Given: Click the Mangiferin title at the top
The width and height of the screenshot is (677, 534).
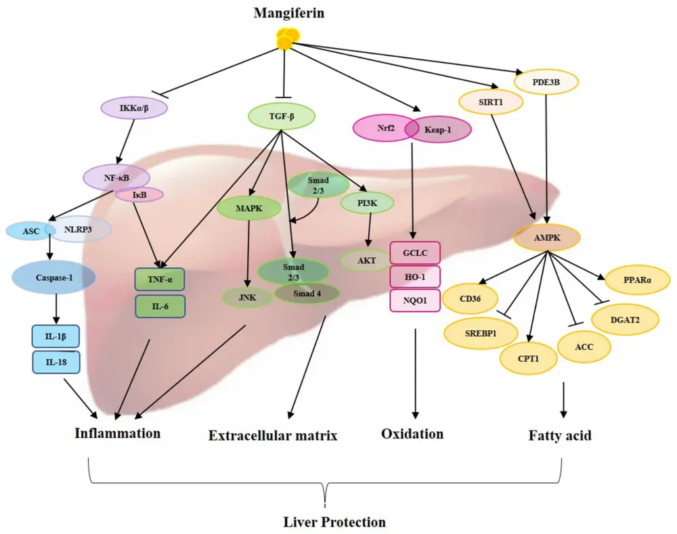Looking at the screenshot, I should tap(284, 13).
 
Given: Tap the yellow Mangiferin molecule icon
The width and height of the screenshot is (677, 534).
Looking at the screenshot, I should tap(285, 40).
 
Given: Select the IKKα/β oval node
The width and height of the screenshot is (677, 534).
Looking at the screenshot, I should tap(134, 108).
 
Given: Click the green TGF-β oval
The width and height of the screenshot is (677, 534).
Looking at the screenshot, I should tap(282, 116).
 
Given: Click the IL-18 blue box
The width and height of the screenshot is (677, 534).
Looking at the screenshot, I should tap(56, 361).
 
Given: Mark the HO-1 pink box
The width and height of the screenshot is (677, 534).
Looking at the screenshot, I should tap(415, 276).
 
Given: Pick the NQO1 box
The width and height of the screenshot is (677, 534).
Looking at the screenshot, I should tap(415, 300).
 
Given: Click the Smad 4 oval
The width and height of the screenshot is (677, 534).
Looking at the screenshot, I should tap(309, 292).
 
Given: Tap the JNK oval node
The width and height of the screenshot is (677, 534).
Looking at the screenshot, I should tap(248, 296).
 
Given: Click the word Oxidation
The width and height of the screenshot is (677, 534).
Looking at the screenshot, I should tap(412, 433).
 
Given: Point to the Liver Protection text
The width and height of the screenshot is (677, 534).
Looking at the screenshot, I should tap(334, 522).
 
